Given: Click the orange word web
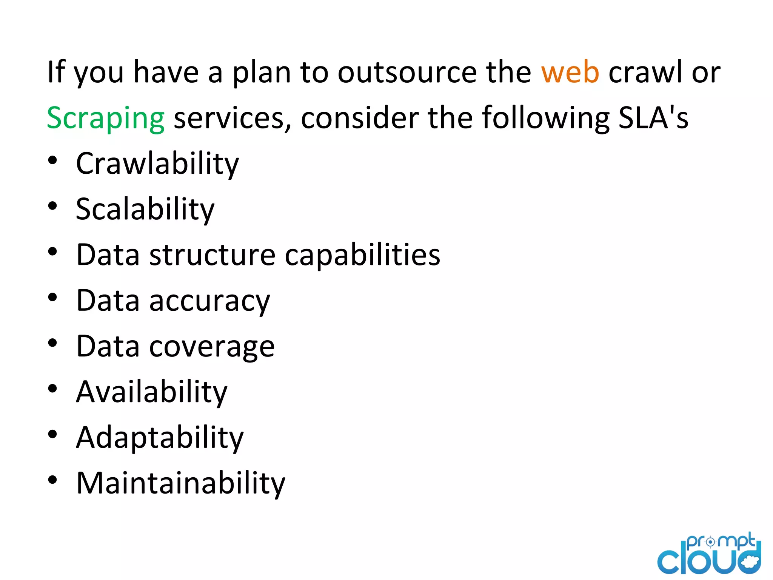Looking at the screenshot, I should click(570, 72).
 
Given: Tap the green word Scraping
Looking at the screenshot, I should click(106, 119).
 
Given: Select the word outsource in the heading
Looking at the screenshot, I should click(407, 72).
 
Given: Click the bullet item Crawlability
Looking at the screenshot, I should click(157, 164).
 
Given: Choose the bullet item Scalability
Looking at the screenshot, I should click(145, 210).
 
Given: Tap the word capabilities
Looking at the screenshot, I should click(362, 256).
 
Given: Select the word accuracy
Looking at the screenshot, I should click(210, 301).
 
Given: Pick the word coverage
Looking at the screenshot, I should click(212, 347).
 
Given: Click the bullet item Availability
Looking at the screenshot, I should click(152, 392).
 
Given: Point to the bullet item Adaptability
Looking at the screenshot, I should click(160, 438).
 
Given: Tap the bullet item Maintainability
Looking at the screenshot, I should click(181, 483).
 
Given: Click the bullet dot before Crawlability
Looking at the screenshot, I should click(52, 160).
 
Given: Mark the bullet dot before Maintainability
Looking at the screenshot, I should click(52, 480).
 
